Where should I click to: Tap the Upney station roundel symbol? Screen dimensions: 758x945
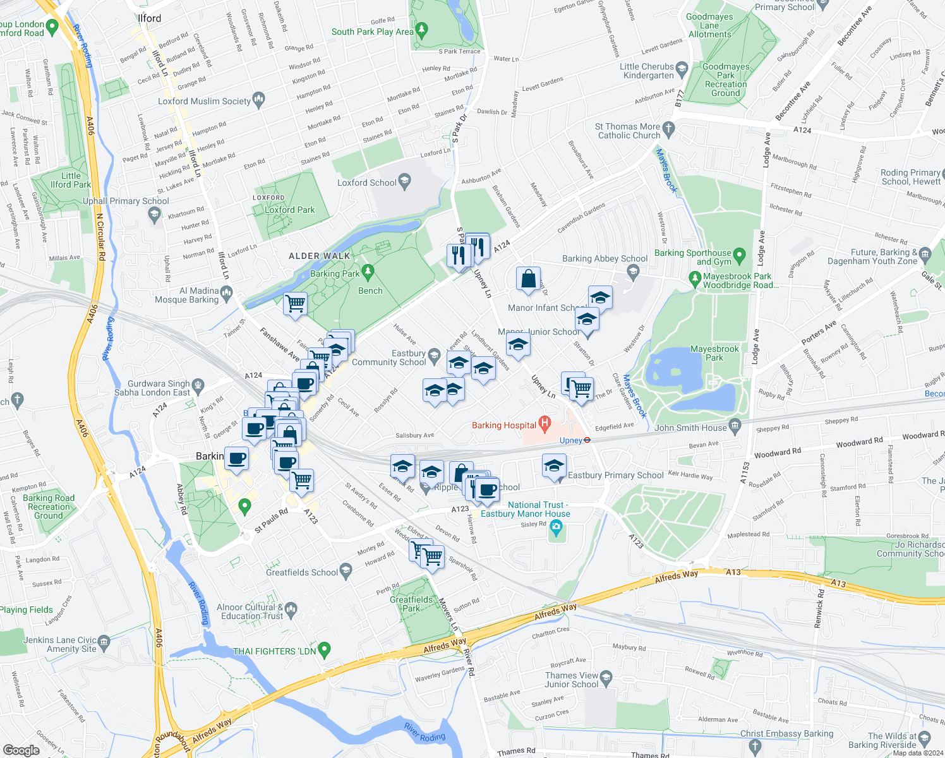(587, 440)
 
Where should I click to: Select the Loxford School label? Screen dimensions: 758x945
(366, 183)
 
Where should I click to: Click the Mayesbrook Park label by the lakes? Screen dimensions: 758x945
(714, 353)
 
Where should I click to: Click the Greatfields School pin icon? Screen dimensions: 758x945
(346, 572)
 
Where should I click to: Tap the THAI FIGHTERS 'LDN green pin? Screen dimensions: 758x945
(325, 648)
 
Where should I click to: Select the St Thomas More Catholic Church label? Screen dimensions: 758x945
(629, 131)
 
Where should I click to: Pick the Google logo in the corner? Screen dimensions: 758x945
(21, 750)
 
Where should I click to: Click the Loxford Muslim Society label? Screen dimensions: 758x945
(204, 101)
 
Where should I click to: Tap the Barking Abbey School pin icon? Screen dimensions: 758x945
(634, 271)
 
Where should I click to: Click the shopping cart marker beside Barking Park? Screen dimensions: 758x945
(296, 304)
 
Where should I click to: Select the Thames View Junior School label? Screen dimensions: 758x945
(571, 680)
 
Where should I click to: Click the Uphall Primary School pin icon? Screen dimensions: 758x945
(154, 214)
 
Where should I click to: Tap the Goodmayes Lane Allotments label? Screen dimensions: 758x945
(709, 26)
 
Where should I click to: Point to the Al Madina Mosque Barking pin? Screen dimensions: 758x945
(227, 293)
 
